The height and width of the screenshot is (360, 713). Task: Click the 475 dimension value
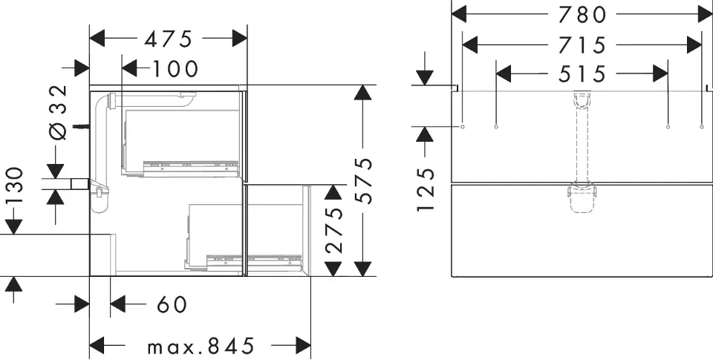[169, 39]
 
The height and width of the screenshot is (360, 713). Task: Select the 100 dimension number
[175, 69]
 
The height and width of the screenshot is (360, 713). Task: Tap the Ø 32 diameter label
[58, 112]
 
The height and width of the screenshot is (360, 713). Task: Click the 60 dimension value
[172, 304]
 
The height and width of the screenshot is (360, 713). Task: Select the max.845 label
[201, 347]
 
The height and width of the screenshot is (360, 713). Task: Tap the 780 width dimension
[582, 15]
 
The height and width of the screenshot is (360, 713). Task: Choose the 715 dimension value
[582, 45]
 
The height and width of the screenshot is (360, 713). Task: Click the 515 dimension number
[582, 73]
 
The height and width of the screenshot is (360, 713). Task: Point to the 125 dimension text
[426, 189]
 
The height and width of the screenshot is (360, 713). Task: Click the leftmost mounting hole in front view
[463, 126]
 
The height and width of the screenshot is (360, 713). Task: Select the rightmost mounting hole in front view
[702, 126]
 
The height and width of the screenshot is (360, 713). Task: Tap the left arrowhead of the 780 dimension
[459, 14]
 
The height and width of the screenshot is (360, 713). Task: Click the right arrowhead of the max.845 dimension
[303, 345]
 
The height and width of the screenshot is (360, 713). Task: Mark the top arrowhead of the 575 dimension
[362, 92]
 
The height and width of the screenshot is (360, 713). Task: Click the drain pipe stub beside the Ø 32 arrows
[80, 183]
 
